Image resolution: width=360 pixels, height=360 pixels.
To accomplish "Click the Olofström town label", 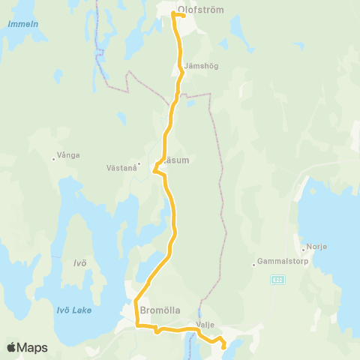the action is pyautogui.click(x=202, y=10).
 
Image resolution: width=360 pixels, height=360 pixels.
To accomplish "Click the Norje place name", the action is pyautogui.click(x=315, y=248).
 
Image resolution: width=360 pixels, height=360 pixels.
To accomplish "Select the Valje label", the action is pyautogui.click(x=205, y=325).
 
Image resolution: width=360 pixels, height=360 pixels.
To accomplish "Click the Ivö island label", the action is pyautogui.click(x=80, y=262).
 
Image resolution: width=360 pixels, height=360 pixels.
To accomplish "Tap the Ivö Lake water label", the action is pyautogui.click(x=74, y=310).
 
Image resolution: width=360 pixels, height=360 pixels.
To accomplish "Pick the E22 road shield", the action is pyautogui.click(x=277, y=279).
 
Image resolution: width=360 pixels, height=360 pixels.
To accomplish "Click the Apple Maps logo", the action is pyautogui.click(x=27, y=347).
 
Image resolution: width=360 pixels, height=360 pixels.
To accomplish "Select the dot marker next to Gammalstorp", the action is pyautogui.click(x=254, y=263).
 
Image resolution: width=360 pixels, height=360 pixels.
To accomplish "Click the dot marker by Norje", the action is pyautogui.click(x=301, y=248).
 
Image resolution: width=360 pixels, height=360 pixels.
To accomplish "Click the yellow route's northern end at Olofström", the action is pyautogui.click(x=184, y=15).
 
